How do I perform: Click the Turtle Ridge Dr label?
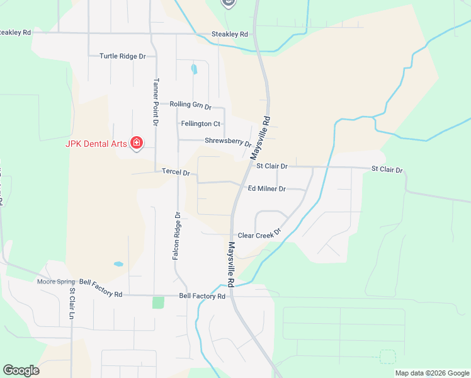click(x=122, y=56)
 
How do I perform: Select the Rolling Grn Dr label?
click(x=190, y=105)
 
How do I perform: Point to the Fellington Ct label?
click(x=200, y=123)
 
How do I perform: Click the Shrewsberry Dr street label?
click(x=227, y=141)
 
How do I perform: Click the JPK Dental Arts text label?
click(x=97, y=143)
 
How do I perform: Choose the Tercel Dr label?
click(x=176, y=171)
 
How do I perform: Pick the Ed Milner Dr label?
click(x=266, y=188)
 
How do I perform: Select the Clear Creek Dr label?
click(x=258, y=235)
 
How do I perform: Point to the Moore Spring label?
click(x=55, y=281)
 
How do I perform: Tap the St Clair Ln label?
click(x=72, y=299)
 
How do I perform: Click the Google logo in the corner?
click(x=21, y=370)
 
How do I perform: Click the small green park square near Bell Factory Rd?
click(x=158, y=302)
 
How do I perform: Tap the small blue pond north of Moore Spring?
click(x=118, y=264)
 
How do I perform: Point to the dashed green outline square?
click(x=388, y=357)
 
